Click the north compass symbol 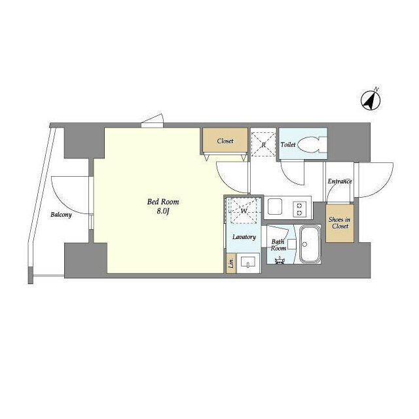[371, 100]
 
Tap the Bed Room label [163, 202]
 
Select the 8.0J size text [163, 211]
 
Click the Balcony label [61, 215]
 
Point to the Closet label [225, 141]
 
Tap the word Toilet [288, 145]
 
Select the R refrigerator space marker [263, 145]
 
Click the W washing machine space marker [243, 211]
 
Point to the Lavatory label [244, 237]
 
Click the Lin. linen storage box [231, 263]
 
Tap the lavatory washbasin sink [248, 263]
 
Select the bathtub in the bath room [310, 244]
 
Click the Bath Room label [278, 245]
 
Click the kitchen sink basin [275, 207]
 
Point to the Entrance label [340, 181]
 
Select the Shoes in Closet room [340, 223]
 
